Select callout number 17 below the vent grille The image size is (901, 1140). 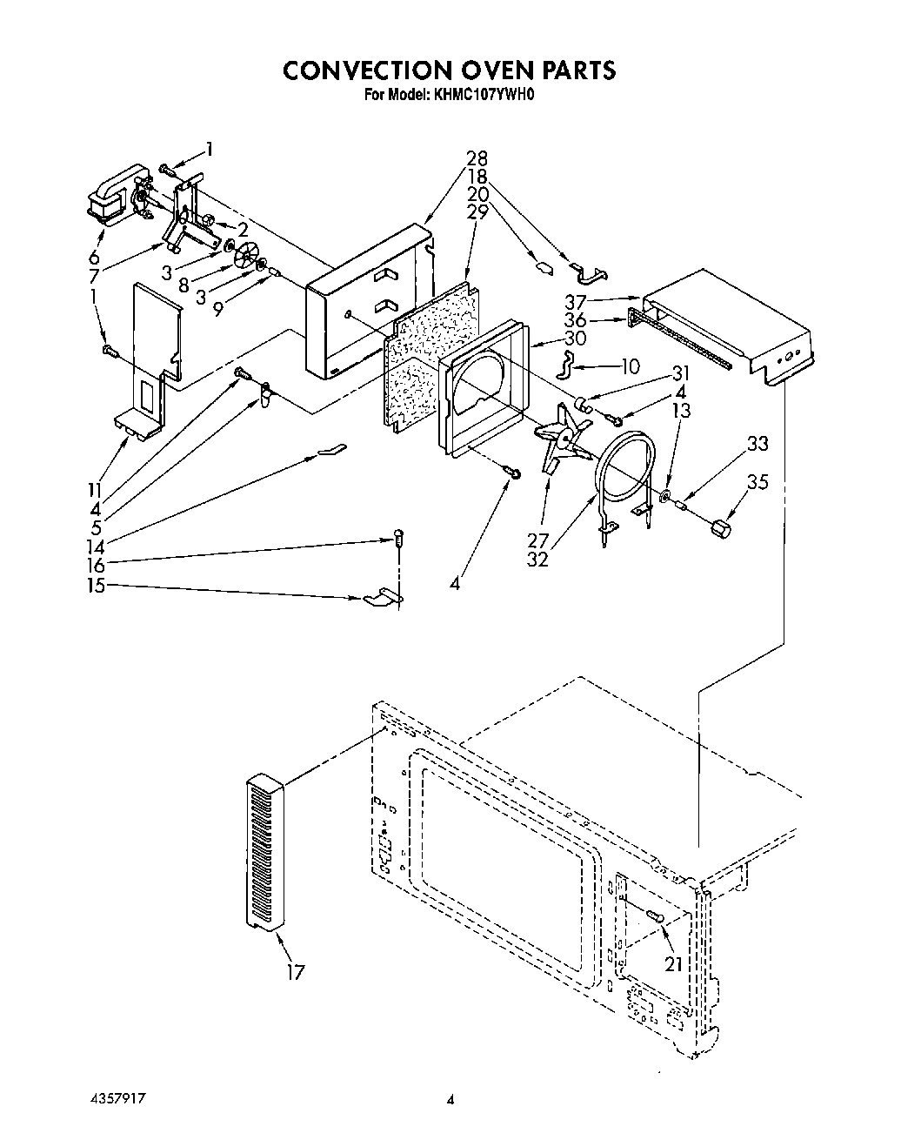[x=297, y=972]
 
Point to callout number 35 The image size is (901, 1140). [x=758, y=481]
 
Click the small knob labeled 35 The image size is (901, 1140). [x=720, y=527]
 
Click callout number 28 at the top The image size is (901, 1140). [x=477, y=158]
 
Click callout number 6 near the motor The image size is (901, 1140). [x=93, y=258]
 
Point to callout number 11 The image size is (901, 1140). [x=94, y=490]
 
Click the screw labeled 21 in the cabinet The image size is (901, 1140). [x=656, y=915]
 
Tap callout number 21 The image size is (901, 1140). [x=673, y=963]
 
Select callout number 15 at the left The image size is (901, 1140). [x=95, y=586]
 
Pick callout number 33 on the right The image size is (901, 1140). [x=758, y=443]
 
